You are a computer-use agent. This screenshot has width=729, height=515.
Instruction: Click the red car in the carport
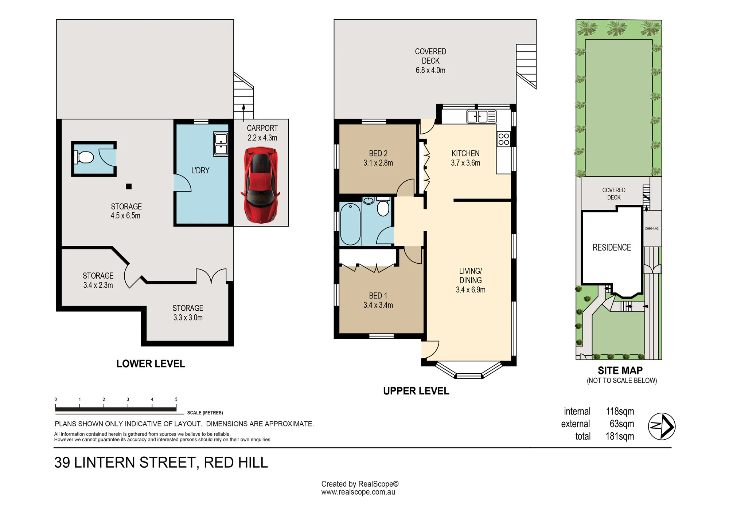click(x=260, y=185)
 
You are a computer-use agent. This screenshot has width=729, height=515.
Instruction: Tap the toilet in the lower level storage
click(x=84, y=158)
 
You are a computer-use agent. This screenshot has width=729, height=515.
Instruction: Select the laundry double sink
click(x=221, y=144)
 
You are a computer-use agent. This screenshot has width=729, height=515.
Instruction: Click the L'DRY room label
click(x=200, y=170)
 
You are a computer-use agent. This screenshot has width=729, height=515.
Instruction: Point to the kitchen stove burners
click(x=504, y=139)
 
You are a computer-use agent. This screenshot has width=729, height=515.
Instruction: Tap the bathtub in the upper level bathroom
click(x=350, y=224)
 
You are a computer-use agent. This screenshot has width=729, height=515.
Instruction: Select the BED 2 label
click(x=378, y=154)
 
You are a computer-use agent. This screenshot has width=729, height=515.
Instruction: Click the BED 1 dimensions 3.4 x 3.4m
click(x=378, y=305)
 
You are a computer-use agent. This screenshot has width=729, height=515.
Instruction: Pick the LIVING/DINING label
click(x=471, y=276)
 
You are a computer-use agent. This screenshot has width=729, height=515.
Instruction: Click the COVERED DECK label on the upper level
click(x=430, y=56)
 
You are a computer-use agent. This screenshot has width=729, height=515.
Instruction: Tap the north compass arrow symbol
click(x=662, y=426)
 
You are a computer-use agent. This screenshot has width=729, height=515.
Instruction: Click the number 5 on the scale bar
click(x=176, y=400)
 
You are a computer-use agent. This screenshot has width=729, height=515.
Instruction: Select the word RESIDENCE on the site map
click(x=612, y=248)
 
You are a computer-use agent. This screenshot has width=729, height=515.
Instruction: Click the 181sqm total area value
click(x=620, y=436)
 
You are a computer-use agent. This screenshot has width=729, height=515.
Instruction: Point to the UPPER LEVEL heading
click(x=416, y=391)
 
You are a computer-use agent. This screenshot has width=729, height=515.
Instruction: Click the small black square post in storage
click(x=129, y=186)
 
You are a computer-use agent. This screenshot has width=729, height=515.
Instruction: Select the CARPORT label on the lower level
click(x=262, y=128)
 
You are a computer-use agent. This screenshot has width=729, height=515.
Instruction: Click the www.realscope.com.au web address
click(x=358, y=492)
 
